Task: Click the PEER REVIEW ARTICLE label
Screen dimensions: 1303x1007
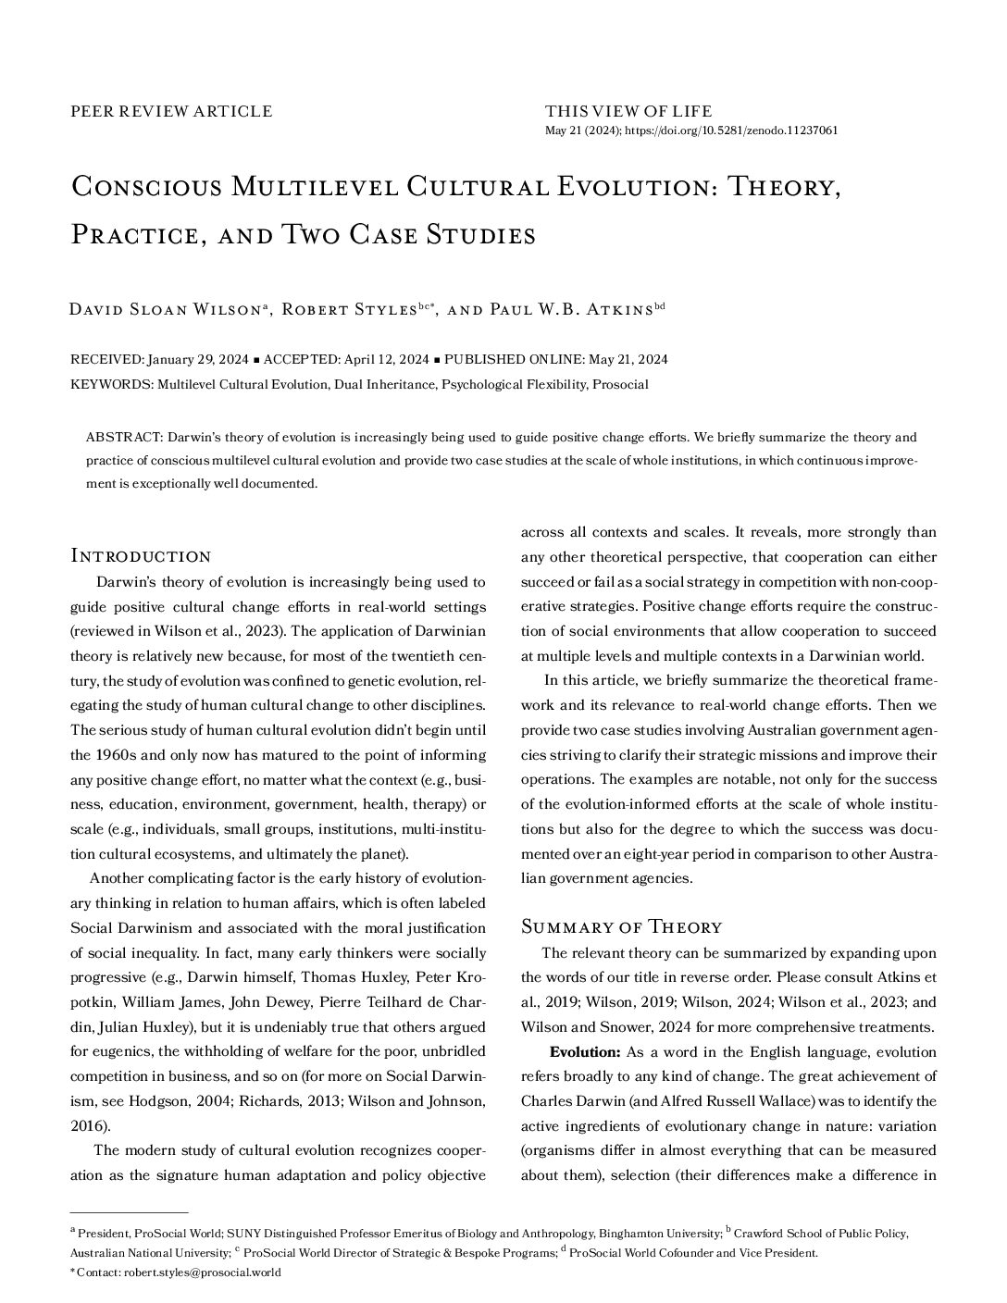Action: click(x=171, y=111)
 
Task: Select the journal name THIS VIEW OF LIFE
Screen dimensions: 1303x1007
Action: click(x=628, y=111)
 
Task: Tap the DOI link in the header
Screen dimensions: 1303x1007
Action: click(x=731, y=130)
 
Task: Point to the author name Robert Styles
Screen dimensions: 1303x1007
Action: click(x=348, y=309)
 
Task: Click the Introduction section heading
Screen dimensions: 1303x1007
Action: click(x=141, y=556)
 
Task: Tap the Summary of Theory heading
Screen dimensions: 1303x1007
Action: click(x=621, y=926)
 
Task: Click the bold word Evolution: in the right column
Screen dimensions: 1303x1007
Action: click(x=584, y=1052)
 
